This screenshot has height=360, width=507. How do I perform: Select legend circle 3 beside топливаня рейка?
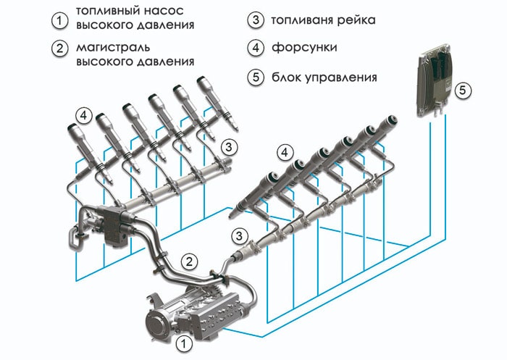click(x=253, y=20)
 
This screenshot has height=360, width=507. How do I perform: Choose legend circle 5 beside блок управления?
click(x=253, y=75)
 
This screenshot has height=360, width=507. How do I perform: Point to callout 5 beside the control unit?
click(x=466, y=92)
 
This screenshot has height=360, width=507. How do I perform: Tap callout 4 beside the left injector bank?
click(x=84, y=115)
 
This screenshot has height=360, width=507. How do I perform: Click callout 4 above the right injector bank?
click(x=286, y=152)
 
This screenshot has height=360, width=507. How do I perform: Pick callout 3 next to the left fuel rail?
click(x=228, y=147)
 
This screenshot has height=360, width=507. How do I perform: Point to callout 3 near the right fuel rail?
click(x=238, y=235)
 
